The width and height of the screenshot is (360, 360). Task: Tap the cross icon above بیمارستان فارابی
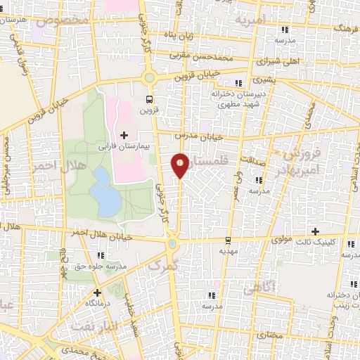(x=125, y=135)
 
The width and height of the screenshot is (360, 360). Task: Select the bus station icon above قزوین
(x=148, y=99)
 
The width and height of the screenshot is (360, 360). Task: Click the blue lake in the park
(x=105, y=191)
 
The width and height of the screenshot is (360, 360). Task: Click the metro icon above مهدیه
(x=227, y=240)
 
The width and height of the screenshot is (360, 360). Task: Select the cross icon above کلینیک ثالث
(x=315, y=231)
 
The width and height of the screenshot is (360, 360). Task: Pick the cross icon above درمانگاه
(x=97, y=292)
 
